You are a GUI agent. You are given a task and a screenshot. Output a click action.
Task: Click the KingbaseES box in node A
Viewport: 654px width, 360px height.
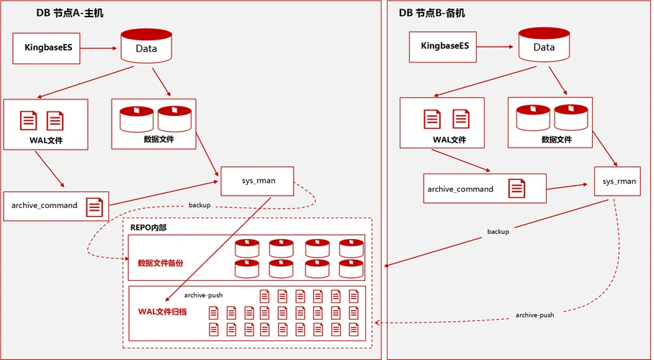click(47, 49)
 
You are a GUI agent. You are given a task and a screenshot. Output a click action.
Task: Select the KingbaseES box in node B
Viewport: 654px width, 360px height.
click(445, 46)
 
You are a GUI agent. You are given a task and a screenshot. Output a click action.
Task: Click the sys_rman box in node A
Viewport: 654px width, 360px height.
click(257, 181)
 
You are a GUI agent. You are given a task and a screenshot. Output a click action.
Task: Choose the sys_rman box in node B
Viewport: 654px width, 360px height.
click(619, 181)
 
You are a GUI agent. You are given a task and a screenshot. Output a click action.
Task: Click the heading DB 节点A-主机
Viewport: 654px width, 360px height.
click(70, 13)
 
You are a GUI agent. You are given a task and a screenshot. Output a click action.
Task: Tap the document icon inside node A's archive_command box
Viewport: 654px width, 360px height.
click(94, 207)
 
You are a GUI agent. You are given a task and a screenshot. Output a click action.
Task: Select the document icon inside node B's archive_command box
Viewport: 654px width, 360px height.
click(516, 189)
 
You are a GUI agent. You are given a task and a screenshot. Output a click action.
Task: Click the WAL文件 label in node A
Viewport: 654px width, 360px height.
click(45, 140)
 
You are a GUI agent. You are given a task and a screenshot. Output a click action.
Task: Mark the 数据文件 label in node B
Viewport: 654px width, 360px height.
click(556, 140)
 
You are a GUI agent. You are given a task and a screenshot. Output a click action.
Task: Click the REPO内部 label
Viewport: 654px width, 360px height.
click(148, 228)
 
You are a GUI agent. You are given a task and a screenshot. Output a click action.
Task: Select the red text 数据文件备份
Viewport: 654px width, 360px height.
click(160, 263)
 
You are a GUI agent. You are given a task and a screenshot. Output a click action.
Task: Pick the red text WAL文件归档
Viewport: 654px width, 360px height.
click(162, 312)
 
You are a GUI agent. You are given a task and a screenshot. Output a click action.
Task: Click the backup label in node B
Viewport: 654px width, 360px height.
click(498, 232)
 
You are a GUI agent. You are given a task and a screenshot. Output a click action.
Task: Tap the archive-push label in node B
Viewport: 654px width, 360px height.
click(534, 315)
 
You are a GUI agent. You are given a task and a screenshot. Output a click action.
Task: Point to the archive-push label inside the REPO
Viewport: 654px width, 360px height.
click(203, 295)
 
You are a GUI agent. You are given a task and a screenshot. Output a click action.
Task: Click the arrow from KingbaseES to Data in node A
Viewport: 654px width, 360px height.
click(99, 49)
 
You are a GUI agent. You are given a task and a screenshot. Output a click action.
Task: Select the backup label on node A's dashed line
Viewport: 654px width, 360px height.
click(200, 205)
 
